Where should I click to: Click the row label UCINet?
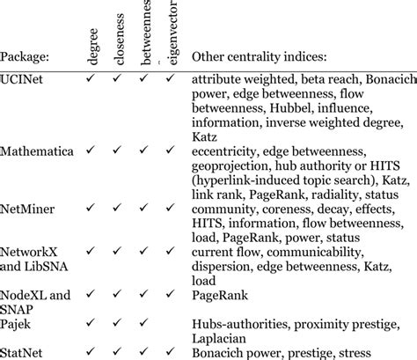coord(24,80)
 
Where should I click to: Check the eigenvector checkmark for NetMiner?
coord(170,209)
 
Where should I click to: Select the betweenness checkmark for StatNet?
coord(144,351)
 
